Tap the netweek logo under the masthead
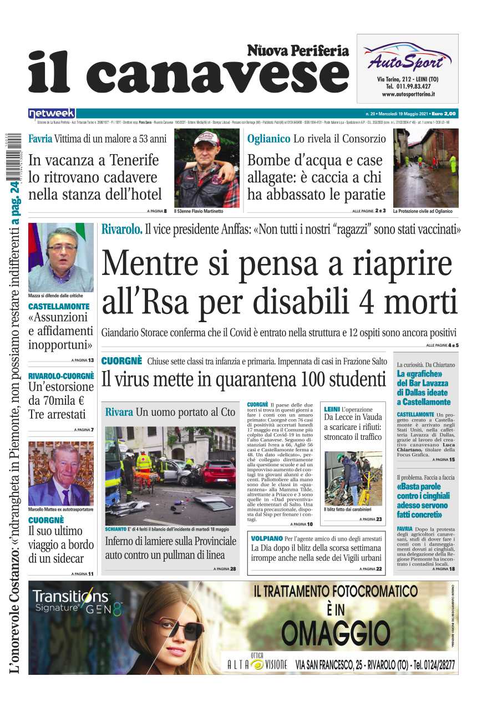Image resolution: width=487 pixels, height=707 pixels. click(52, 113)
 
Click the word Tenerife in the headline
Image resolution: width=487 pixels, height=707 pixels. click(132, 160)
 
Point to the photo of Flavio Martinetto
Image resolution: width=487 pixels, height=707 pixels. click(206, 167)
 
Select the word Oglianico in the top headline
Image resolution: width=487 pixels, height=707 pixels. click(268, 139)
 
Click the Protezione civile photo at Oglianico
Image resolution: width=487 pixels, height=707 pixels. click(425, 167)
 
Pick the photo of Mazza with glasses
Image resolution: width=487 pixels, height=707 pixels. click(60, 257)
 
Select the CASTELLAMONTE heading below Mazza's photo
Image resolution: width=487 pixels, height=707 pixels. click(59, 307)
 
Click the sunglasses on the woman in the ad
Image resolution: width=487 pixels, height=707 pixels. click(182, 628)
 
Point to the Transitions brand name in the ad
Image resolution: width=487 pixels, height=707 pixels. click(71, 597)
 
